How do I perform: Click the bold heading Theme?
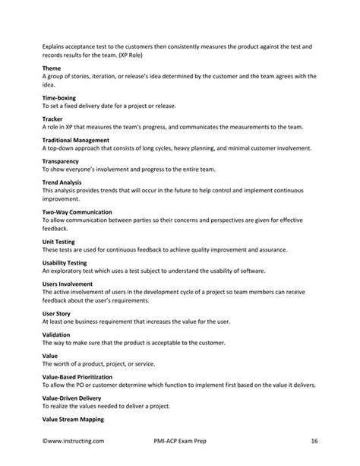52,68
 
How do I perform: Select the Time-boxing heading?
60,98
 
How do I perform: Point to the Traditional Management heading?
76,141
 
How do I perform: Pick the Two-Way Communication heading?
77,212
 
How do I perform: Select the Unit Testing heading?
58,241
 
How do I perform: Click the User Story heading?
58,312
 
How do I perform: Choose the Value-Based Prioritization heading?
77,376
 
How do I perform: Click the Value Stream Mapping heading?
73,419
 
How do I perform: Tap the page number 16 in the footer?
314,440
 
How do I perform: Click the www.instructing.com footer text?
74,440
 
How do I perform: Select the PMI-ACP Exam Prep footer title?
180,440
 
